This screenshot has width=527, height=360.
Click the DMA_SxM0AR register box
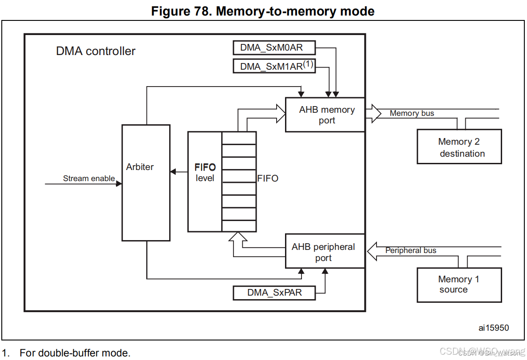point(274,47)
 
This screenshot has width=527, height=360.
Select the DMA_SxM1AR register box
point(274,66)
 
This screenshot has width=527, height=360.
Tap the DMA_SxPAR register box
point(274,293)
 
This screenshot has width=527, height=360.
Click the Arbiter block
point(146,183)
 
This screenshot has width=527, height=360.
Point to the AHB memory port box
point(325,115)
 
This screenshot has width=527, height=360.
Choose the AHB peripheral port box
point(325,251)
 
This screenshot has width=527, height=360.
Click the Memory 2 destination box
point(459,147)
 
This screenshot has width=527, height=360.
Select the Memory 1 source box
point(459,285)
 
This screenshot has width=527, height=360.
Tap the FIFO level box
point(205,182)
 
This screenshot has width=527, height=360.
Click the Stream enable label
point(89,178)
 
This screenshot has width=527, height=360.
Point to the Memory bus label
point(412,113)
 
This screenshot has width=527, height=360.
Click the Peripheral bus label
point(411,250)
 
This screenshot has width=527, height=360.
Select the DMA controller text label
point(95,51)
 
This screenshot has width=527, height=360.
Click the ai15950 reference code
point(493,328)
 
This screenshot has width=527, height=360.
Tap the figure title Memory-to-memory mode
point(263,11)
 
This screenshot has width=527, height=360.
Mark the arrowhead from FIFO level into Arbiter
point(173,171)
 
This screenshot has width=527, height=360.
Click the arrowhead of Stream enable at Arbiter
point(119,183)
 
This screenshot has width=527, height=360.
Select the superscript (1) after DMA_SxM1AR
point(308,64)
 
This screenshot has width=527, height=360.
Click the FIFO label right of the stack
point(268,178)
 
